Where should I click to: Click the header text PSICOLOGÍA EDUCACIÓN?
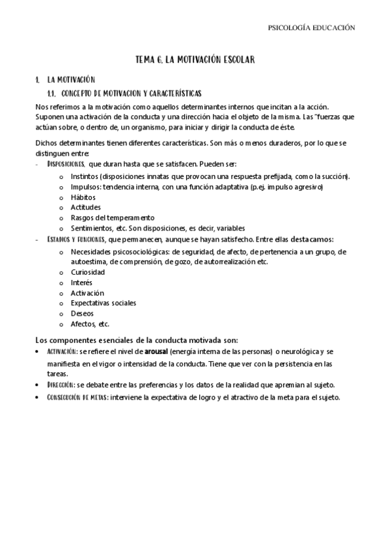[312, 28]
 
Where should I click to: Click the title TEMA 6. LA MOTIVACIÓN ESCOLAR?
[195, 59]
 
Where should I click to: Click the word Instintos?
[84, 176]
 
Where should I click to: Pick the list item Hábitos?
[83, 197]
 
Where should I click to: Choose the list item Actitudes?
[85, 207]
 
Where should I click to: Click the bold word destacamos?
[312, 239]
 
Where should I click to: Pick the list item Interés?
[81, 282]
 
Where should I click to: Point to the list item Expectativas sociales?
[103, 303]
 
